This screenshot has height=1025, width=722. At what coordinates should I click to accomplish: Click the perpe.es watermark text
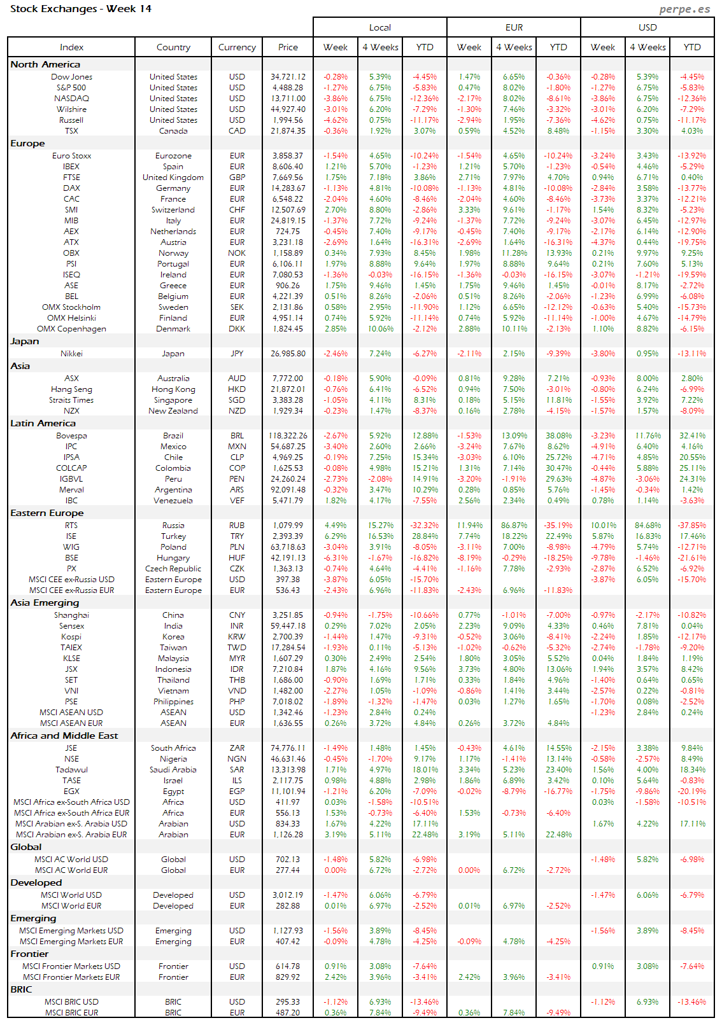[684, 9]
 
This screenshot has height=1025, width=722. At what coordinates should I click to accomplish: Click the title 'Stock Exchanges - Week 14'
[81, 9]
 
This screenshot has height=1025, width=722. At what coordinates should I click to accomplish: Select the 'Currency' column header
[237, 47]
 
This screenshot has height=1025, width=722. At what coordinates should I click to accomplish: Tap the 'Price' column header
[288, 47]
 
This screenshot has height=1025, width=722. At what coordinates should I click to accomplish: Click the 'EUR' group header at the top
[514, 27]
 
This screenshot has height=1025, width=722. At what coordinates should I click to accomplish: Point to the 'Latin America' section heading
[43, 423]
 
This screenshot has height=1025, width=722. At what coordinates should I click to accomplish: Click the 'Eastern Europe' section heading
[46, 513]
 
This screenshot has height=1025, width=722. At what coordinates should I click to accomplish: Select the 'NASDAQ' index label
[71, 99]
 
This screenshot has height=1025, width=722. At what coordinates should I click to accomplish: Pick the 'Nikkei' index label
[71, 354]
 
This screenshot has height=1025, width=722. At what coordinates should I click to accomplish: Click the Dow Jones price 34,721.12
[288, 77]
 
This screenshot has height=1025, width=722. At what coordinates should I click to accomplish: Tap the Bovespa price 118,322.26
[288, 436]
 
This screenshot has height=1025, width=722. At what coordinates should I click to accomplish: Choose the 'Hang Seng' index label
[71, 389]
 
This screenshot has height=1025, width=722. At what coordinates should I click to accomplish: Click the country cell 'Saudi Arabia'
[173, 770]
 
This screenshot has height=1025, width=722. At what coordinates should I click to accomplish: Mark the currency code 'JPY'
[237, 354]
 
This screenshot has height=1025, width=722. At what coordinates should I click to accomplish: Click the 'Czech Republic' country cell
[173, 569]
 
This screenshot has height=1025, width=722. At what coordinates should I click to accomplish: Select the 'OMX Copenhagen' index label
[71, 329]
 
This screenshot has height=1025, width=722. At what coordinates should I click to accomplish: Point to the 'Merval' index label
[71, 490]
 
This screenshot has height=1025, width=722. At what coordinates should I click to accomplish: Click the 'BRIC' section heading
[21, 989]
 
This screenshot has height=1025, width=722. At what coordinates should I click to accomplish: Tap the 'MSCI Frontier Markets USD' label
[71, 966]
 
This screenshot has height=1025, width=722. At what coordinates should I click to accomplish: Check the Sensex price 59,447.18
[288, 626]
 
